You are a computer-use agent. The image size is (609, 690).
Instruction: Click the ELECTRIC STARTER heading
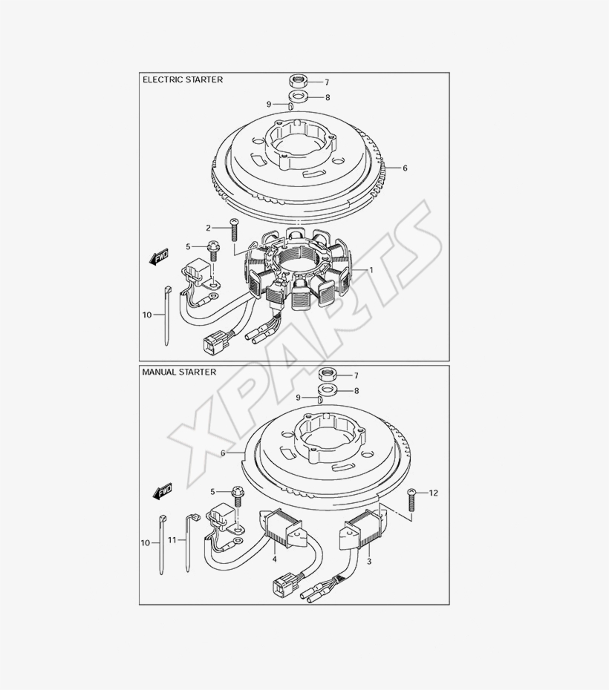183,79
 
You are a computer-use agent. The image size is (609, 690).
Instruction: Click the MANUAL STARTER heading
179,372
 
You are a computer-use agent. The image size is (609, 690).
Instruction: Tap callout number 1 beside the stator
371,270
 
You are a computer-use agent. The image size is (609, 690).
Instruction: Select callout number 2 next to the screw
208,228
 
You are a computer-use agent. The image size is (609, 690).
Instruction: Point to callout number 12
434,493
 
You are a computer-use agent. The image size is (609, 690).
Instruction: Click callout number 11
172,540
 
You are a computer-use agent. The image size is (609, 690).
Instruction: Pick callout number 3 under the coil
369,562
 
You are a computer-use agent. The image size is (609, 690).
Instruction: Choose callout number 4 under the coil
274,559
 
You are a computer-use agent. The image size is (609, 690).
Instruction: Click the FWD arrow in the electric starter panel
159,257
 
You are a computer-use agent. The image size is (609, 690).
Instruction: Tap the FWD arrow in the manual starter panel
163,492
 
